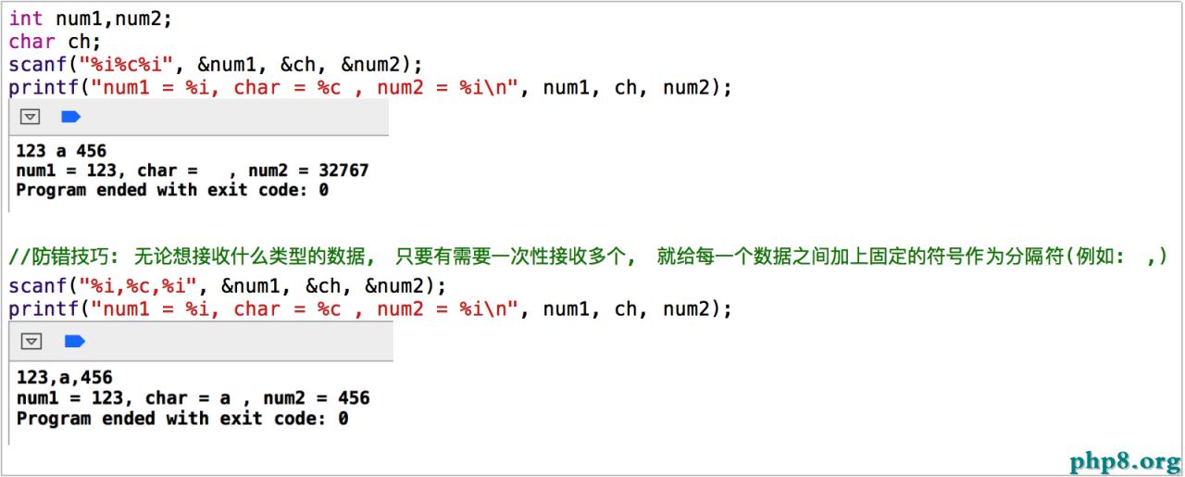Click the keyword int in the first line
pos(26,19)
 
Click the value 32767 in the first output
pos(343,170)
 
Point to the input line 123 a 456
pos(61,150)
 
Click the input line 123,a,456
pos(65,377)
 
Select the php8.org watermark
pos(1124,460)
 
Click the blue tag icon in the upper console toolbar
pos(71,117)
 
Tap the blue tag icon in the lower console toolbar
pos(74,342)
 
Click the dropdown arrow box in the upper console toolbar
pos(31,117)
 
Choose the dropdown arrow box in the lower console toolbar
pos(31,342)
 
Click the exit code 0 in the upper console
pos(323,190)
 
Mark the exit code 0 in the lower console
pos(343,418)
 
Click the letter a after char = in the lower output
pos(225,398)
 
